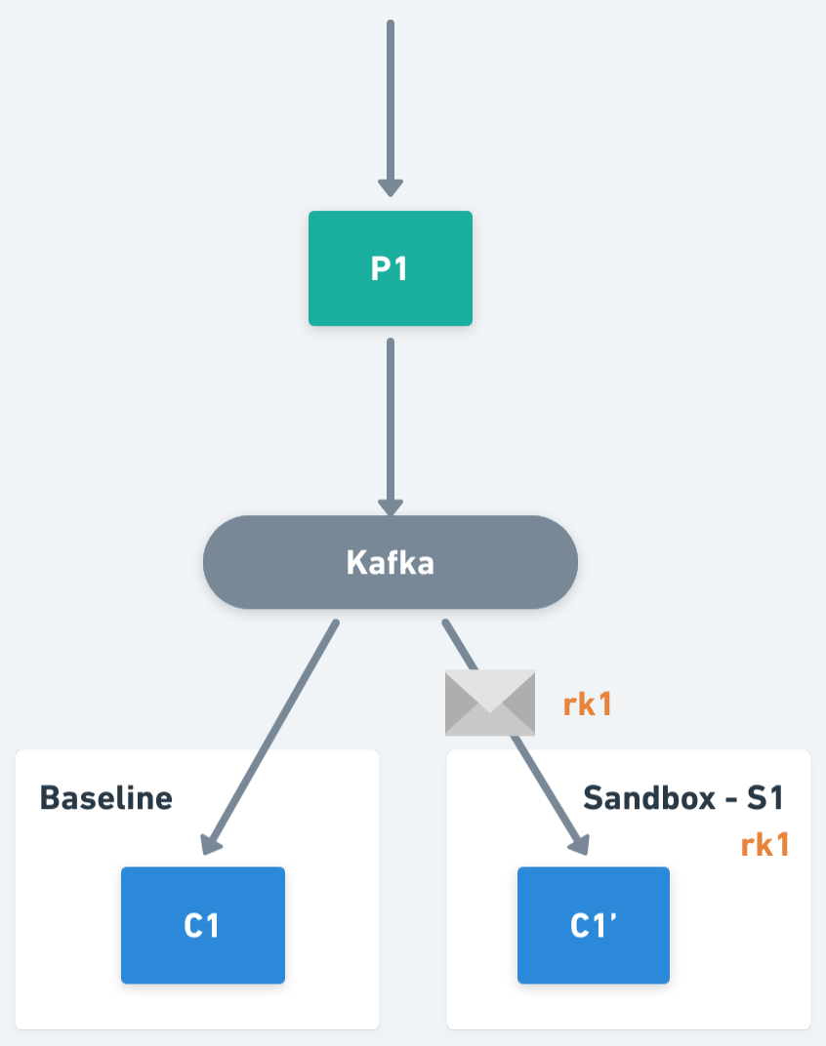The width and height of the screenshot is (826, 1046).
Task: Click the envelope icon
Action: [490, 703]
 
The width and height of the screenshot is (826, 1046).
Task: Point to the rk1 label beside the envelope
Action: [588, 704]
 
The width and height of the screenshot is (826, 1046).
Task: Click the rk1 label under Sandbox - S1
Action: [764, 845]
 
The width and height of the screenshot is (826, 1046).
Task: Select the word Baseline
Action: [105, 798]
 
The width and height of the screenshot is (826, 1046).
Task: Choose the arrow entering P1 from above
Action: [390, 98]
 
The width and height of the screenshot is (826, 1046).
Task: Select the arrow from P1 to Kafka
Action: [390, 420]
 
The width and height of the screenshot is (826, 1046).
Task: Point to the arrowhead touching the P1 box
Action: [390, 187]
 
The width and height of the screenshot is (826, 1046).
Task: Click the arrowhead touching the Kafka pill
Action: [390, 506]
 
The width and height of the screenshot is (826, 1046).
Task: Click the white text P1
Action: [390, 268]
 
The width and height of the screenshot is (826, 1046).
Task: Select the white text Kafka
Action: [390, 563]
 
